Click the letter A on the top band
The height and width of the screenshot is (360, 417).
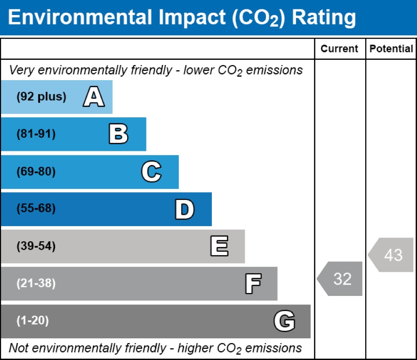[94, 97]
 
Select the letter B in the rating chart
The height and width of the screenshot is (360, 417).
[118, 134]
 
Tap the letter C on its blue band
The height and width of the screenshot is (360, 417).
[152, 172]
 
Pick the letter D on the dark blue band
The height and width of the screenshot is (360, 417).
[184, 209]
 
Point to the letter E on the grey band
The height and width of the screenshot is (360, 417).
[219, 246]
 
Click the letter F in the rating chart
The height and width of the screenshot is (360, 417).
[253, 284]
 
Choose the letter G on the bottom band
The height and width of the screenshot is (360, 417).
[284, 321]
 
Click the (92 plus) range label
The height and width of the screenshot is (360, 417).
[41, 97]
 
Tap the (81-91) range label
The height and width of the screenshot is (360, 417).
[36, 134]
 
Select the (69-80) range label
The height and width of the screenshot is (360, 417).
[36, 172]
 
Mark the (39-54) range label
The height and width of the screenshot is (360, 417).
[36, 246]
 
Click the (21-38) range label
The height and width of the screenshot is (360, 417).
[36, 284]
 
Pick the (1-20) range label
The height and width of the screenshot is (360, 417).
[32, 321]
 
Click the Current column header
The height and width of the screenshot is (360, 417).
[339, 49]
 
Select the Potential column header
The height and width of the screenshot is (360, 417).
[391, 49]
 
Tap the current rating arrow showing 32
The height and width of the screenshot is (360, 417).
[341, 279]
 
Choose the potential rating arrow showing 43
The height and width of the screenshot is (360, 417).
[392, 255]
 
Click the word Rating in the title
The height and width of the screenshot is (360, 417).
[324, 17]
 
